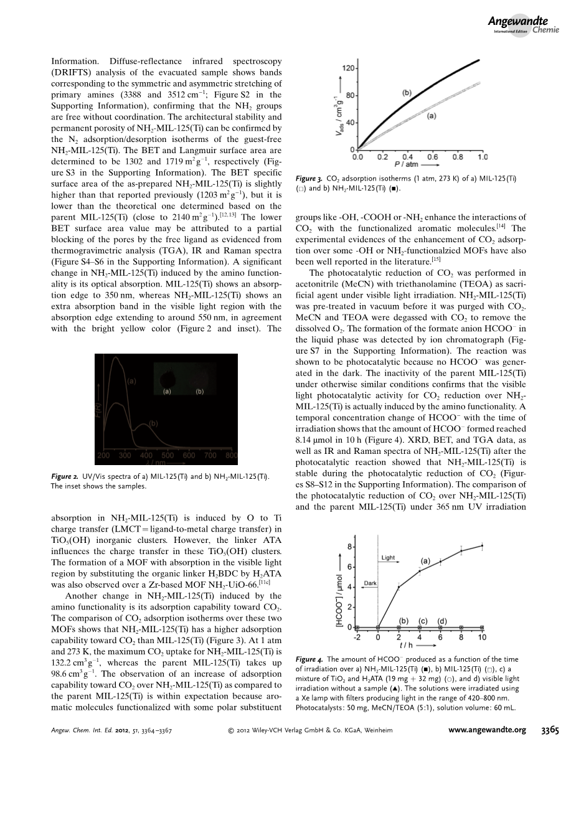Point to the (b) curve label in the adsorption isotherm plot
point(407,93)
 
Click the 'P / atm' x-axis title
point(405,165)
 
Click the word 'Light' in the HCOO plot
point(388,558)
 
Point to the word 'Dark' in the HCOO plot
point(371,583)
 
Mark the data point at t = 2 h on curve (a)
point(399,587)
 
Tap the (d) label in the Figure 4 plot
point(442,620)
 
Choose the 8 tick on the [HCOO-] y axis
point(349,547)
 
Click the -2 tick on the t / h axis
point(357,638)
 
